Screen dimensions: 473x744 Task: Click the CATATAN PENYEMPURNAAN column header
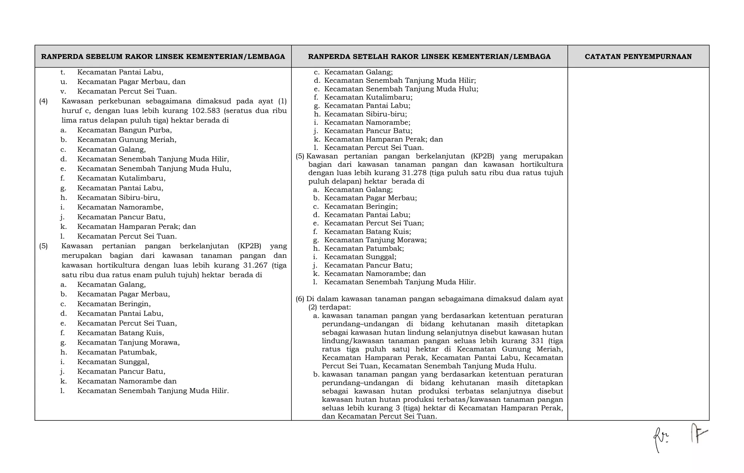point(638,57)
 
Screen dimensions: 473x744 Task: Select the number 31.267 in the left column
point(255,265)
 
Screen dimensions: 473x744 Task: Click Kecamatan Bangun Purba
point(124,130)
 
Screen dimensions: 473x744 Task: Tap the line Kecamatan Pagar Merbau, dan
point(131,82)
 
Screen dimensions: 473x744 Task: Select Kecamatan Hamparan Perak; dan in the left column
point(136,227)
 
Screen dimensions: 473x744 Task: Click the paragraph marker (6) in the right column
point(300,299)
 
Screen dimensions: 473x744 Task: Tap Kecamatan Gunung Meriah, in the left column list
point(126,140)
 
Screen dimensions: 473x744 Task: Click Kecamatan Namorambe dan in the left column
point(127,381)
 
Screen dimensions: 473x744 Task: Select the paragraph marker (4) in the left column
point(43,101)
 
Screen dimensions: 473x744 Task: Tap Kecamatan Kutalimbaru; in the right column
point(368,97)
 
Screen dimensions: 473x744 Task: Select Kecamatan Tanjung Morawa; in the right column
point(375,240)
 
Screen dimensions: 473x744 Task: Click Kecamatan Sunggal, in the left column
point(113,362)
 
